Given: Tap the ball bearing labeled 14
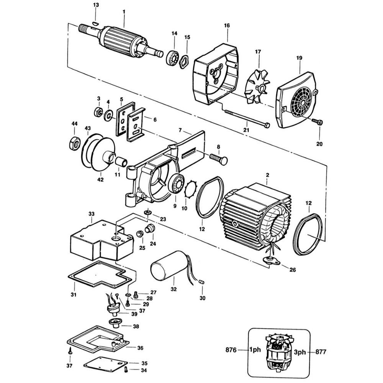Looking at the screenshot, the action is click(173, 58).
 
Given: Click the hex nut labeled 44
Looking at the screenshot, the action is click(75, 143).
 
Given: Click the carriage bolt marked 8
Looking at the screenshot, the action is click(218, 159).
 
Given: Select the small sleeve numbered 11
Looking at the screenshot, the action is click(121, 162).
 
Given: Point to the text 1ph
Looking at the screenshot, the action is click(255, 350).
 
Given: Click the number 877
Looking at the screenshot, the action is click(321, 352).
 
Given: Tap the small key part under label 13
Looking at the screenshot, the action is click(95, 23).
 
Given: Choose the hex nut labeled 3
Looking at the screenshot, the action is click(98, 112).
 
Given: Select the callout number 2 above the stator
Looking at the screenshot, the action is click(268, 175).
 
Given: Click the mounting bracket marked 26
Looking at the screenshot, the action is click(271, 260).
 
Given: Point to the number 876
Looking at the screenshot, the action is click(231, 350).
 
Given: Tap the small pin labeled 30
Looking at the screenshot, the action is click(202, 282).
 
